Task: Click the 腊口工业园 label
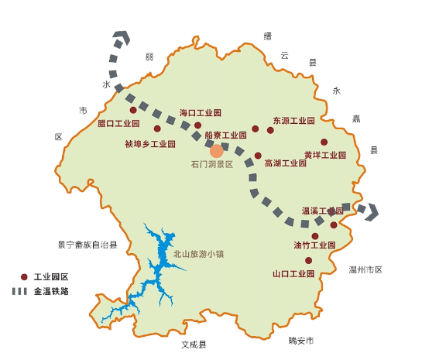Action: [x=118, y=123]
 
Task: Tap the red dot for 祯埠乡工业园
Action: [x=157, y=129]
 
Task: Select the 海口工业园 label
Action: [x=201, y=112]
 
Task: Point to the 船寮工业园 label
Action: [x=225, y=135]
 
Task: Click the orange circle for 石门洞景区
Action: [x=217, y=151]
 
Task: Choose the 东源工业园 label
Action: [x=293, y=121]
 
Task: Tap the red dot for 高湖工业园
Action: [x=258, y=156]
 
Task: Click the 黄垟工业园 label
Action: [x=324, y=155]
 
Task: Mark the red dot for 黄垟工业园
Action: [x=324, y=142]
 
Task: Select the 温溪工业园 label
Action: [x=322, y=211]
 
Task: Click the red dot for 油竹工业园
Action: [x=314, y=236]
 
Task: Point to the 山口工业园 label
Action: [x=293, y=273]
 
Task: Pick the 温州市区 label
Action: [x=365, y=269]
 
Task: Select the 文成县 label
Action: [x=194, y=344]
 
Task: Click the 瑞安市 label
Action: [x=300, y=340]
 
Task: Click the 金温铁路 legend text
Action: [x=51, y=292]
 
